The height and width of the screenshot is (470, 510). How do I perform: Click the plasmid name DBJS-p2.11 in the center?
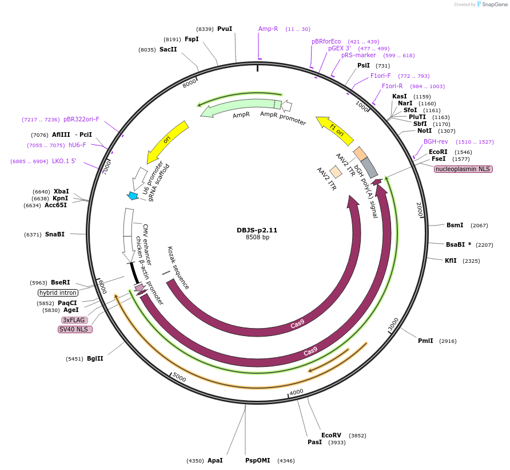[x=257, y=230]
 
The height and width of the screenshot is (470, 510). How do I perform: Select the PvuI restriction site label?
[x=225, y=29]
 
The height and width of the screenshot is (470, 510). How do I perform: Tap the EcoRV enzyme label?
[x=331, y=435]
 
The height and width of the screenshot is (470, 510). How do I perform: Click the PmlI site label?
[x=425, y=341]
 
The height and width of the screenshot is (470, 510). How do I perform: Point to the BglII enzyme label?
[x=95, y=359]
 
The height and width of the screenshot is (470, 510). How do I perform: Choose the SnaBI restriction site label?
[x=55, y=234]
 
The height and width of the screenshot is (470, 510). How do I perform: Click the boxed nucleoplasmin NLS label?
[x=463, y=169]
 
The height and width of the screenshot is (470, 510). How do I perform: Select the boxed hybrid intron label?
[x=58, y=293]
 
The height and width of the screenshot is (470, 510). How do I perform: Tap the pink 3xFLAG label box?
[x=74, y=320]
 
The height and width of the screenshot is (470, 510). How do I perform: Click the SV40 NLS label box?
[x=75, y=329]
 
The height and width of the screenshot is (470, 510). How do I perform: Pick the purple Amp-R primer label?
[x=268, y=29]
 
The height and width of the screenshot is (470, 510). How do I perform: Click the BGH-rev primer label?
[x=436, y=141]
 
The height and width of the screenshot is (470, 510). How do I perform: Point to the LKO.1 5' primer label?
[x=64, y=161]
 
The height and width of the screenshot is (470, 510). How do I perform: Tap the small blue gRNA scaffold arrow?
[x=133, y=196]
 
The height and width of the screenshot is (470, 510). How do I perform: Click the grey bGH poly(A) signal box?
[x=369, y=167]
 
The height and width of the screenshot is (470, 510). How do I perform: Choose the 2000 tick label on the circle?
[x=419, y=209]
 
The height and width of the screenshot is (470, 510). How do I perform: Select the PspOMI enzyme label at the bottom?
[x=257, y=460]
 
